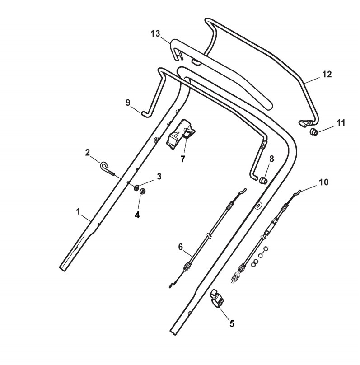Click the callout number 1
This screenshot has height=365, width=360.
(78, 211)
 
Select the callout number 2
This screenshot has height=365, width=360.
(88, 152)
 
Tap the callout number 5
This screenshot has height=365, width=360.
(232, 323)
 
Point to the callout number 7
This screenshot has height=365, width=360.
(183, 159)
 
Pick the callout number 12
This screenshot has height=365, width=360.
(327, 74)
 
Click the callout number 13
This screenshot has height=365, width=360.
(155, 33)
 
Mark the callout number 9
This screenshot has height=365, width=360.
(128, 103)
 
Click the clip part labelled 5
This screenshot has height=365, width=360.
(217, 299)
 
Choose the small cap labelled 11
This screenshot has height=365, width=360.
(313, 131)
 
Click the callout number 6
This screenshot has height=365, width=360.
(180, 247)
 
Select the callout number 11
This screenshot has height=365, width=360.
(341, 122)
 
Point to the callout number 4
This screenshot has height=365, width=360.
(137, 215)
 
